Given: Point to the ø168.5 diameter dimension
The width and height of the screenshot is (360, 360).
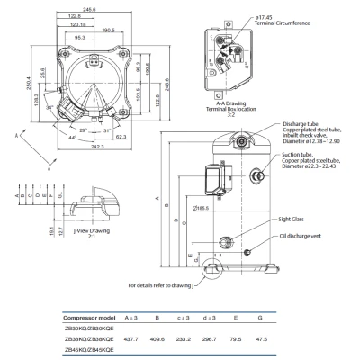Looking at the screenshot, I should click(202, 211).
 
